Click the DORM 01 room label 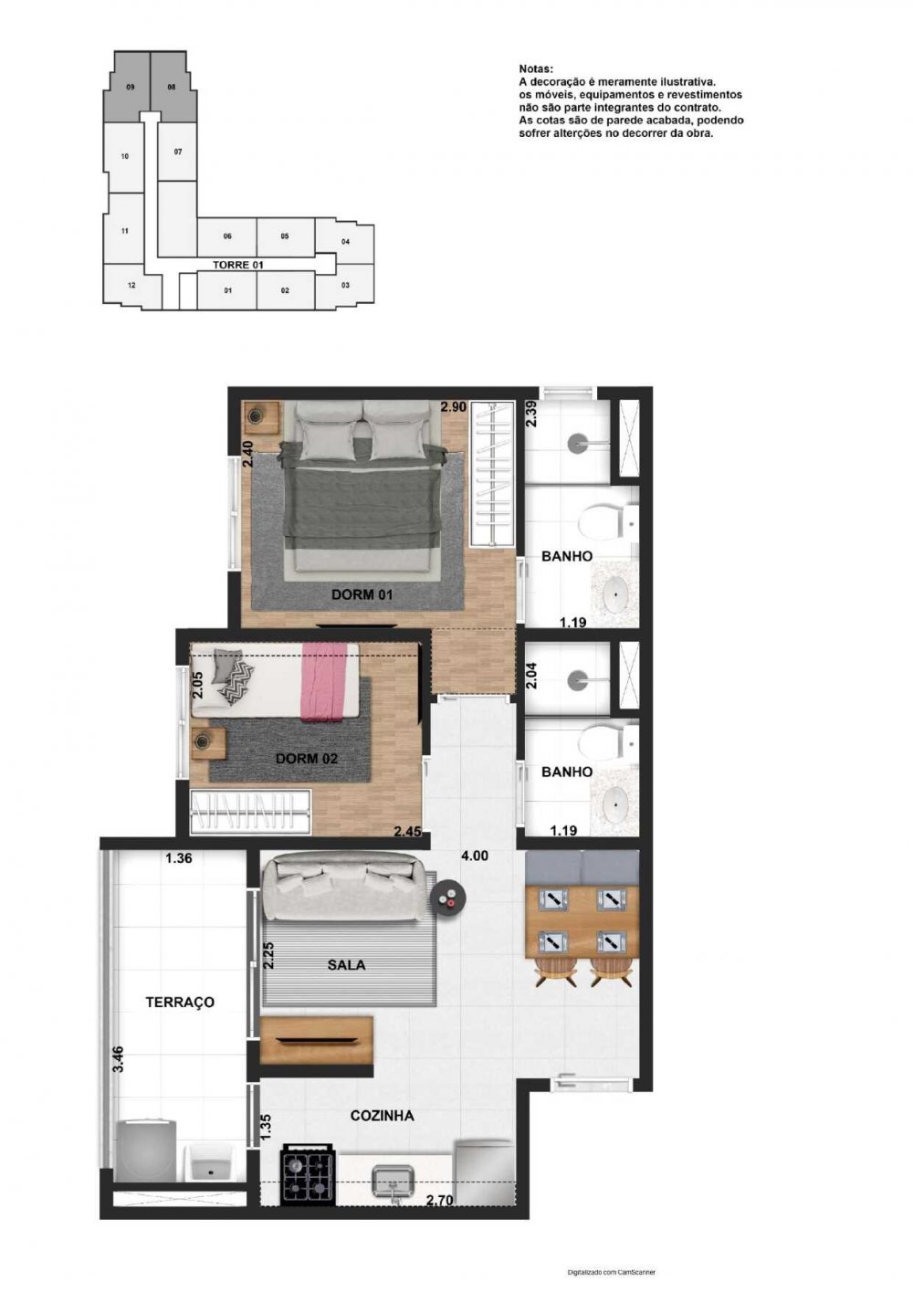(362, 594)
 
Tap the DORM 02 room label (306, 759)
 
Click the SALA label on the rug (347, 964)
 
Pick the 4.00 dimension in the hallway (475, 856)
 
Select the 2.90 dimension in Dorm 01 (454, 406)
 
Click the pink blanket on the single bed (322, 682)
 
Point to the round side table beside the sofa (447, 897)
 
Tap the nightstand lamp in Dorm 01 (257, 414)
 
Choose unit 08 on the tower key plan (172, 87)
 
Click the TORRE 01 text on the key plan (238, 265)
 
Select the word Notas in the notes (536, 68)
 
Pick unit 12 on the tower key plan (131, 285)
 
